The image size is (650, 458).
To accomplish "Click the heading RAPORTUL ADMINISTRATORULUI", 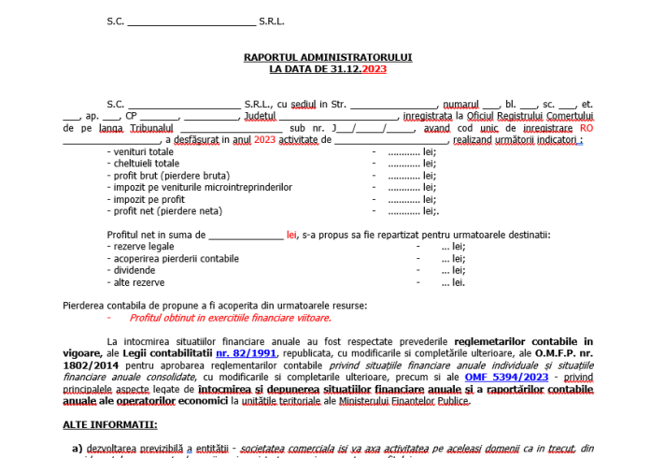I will click(x=328, y=57).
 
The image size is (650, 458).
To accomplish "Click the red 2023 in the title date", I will click(x=374, y=69).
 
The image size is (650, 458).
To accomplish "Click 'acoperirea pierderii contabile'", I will click(x=173, y=258).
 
